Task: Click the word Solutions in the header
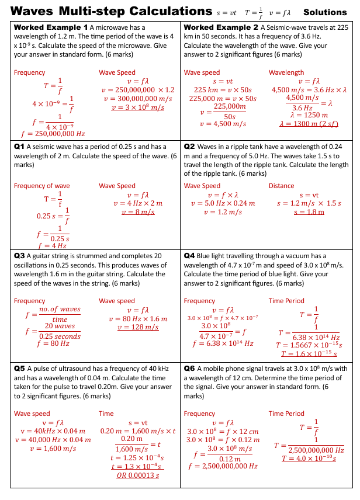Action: point(325,12)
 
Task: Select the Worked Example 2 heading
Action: point(221,27)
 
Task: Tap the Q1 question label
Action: point(19,147)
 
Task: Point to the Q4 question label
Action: point(189,256)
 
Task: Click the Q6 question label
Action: point(189,369)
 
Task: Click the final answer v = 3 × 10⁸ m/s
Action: point(137,107)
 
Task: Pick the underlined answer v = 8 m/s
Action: point(137,212)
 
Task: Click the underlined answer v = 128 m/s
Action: point(137,328)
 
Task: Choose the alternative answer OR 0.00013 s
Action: point(137,475)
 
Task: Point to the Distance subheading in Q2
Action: point(282,186)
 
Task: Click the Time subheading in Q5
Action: point(106,414)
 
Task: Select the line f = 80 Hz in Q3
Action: point(52,344)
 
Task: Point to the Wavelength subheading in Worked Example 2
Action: point(286,72)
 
